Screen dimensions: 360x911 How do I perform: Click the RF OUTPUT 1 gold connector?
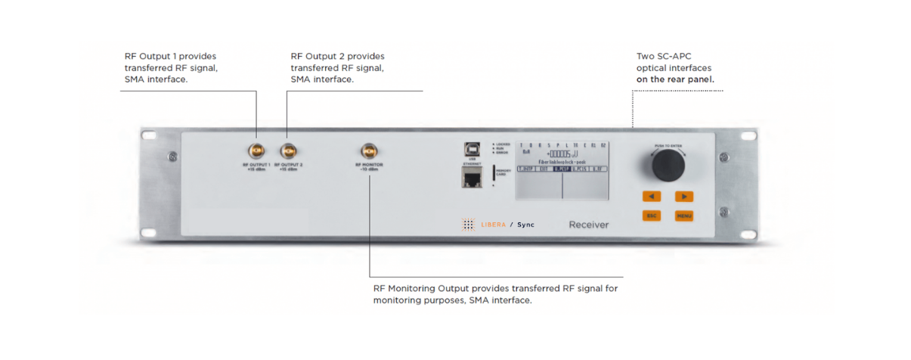pyautogui.click(x=256, y=151)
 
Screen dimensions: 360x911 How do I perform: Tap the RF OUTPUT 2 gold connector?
pyautogui.click(x=287, y=151)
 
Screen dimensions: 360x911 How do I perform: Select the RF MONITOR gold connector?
pyautogui.click(x=368, y=151)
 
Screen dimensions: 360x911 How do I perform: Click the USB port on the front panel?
pyautogui.click(x=472, y=149)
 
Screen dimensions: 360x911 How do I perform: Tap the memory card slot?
pyautogui.click(x=494, y=172)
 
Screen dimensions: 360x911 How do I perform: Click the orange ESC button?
pyautogui.click(x=650, y=216)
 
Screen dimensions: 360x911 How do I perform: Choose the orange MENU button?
pyautogui.click(x=683, y=216)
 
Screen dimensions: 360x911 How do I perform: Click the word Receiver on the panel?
pyautogui.click(x=588, y=225)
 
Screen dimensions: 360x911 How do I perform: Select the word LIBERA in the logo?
pyautogui.click(x=494, y=225)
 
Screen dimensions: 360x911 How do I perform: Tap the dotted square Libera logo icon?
pyautogui.click(x=469, y=225)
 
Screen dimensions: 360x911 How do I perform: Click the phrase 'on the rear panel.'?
pyautogui.click(x=675, y=79)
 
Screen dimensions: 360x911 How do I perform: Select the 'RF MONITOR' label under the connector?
pyautogui.click(x=368, y=164)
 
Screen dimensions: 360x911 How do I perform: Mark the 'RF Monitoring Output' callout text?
pyautogui.click(x=421, y=288)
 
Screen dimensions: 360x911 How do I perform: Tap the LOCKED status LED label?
pyautogui.click(x=504, y=144)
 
